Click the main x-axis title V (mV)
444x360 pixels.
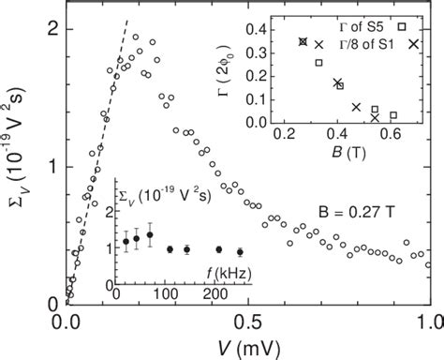click(247, 348)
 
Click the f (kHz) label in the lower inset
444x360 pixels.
click(222, 273)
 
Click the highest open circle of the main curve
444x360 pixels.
click(137, 37)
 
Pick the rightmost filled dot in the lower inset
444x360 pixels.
click(241, 252)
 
